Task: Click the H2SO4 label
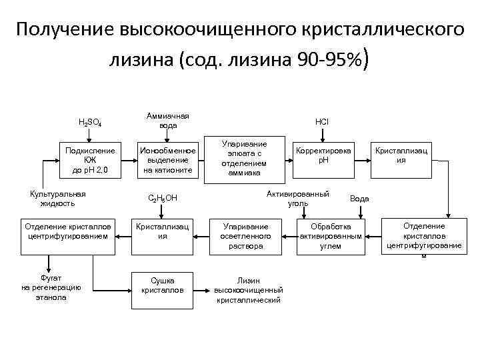91,123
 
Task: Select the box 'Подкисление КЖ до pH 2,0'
90,160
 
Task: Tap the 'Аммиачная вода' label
167,120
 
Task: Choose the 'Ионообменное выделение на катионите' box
167,160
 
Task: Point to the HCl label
322,122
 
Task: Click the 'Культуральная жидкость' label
57,198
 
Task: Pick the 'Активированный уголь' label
298,199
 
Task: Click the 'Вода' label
359,199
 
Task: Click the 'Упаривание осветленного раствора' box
246,236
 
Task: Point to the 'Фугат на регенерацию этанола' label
51,287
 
